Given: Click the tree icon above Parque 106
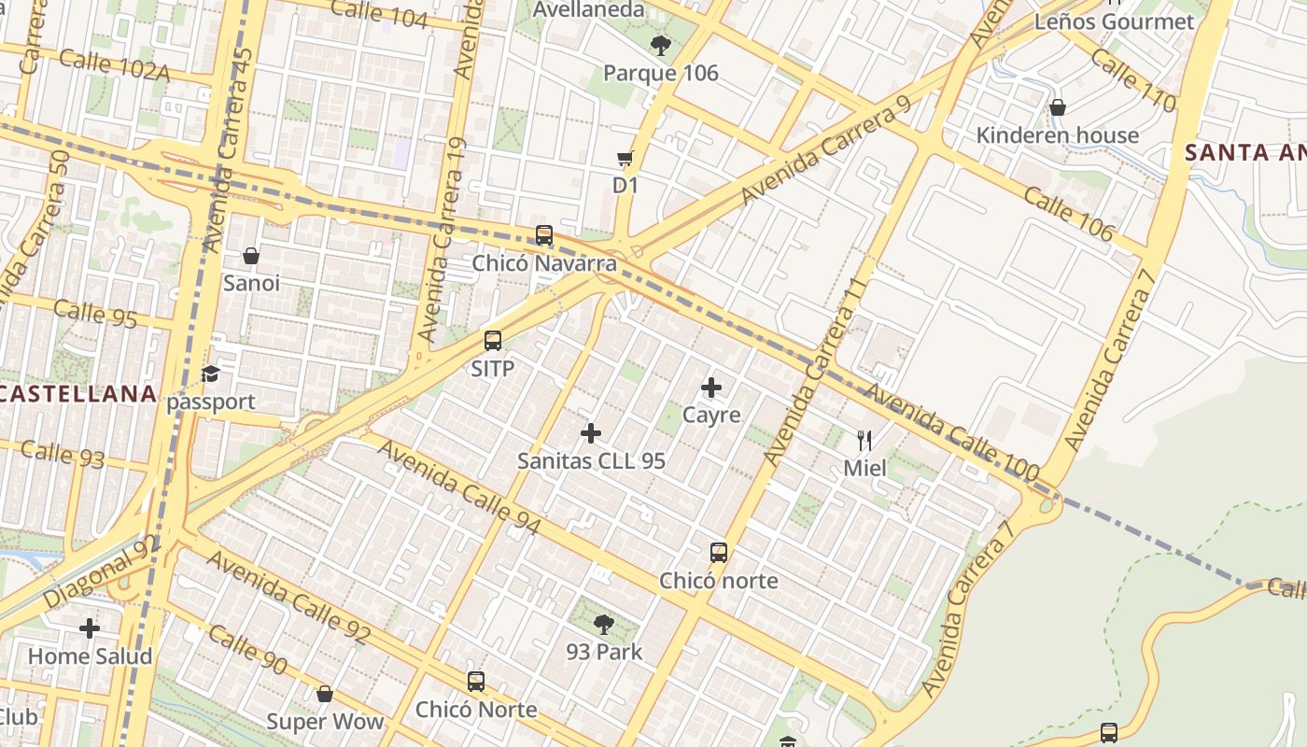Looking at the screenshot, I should click(x=660, y=45).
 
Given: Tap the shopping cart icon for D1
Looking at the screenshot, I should click(x=625, y=159).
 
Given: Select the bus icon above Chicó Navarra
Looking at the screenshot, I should click(x=544, y=235).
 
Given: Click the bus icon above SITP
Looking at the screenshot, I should click(x=493, y=341).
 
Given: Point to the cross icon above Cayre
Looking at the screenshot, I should click(x=711, y=387).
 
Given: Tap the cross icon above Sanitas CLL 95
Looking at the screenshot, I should click(x=591, y=432).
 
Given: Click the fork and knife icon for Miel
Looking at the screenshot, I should click(x=864, y=440).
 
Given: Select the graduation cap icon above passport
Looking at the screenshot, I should click(x=210, y=374).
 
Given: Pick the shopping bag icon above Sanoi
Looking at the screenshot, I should click(x=250, y=255).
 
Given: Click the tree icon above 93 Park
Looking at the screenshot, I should click(x=604, y=624).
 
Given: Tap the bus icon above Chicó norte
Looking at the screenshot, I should click(x=718, y=553).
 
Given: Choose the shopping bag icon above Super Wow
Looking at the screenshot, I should click(x=325, y=694).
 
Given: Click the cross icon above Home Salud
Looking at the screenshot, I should click(x=90, y=628).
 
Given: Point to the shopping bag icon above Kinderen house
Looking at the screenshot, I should click(x=1058, y=107).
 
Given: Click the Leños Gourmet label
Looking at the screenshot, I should click(x=1114, y=21).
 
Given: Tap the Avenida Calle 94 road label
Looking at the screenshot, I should click(x=458, y=487).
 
